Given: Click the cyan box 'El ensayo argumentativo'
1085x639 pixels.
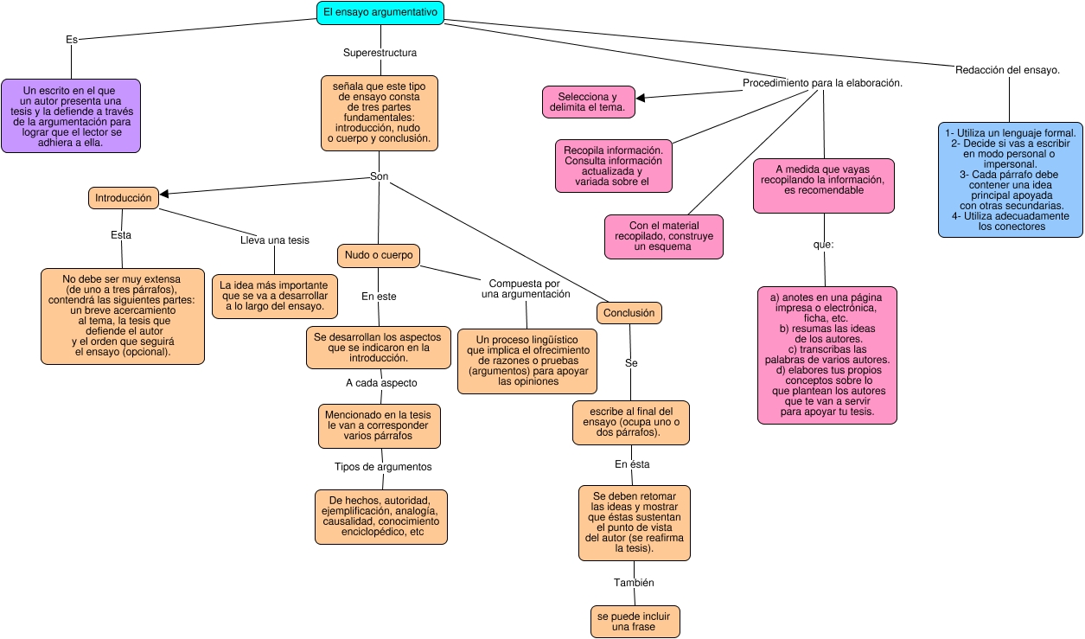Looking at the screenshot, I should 380,12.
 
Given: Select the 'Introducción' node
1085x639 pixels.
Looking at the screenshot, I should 124,198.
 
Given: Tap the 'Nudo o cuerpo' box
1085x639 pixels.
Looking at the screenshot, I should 379,256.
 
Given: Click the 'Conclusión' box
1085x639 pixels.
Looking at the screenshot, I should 629,313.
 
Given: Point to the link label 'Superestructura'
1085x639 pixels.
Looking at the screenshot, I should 380,53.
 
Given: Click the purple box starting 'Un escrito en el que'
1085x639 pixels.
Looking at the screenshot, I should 71,116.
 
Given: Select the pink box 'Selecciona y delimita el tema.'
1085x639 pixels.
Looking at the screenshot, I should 588,102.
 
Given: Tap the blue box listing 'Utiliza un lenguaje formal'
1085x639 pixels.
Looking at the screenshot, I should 1010,180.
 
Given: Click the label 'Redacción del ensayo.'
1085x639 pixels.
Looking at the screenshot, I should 1007,70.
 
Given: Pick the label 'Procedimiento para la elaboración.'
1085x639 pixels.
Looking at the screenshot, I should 822,83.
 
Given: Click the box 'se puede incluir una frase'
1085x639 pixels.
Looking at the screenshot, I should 635,621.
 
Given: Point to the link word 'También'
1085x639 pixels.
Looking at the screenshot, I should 634,583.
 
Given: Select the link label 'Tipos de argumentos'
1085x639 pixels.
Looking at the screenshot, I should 383,467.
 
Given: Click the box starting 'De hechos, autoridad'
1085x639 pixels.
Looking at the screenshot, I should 381,516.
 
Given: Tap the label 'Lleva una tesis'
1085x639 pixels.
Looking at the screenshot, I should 274,240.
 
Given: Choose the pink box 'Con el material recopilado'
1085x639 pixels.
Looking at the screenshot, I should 663,236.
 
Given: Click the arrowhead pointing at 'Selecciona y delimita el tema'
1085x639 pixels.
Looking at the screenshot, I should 641,98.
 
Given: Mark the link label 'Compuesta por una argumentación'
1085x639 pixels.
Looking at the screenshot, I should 525,289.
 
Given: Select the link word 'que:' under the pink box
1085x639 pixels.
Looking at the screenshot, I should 823,245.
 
